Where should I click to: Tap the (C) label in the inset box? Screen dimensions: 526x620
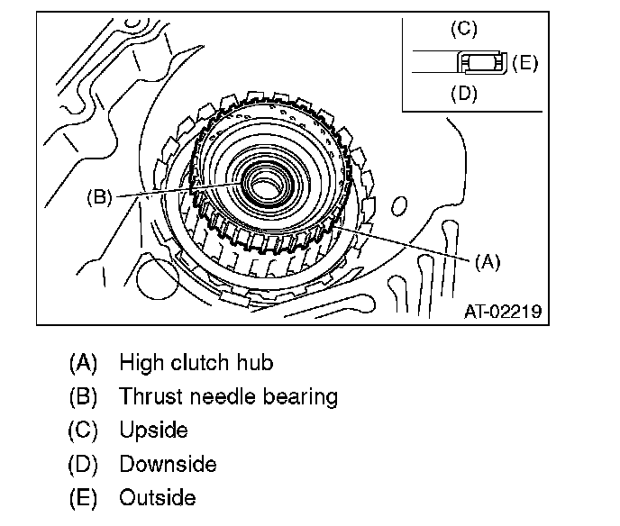pos(462,29)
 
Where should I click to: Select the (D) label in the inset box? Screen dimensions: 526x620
pos(462,94)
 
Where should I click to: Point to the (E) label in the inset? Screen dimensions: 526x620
pos(524,63)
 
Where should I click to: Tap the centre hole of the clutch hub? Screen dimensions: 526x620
pos(264,190)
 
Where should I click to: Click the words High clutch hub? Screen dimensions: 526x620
pos(196,363)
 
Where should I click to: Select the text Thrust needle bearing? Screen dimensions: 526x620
pos(228,396)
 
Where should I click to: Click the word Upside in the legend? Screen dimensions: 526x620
pos(153,430)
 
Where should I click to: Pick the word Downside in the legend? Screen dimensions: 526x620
pos(168,464)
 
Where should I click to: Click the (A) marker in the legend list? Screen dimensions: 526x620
pos(82,363)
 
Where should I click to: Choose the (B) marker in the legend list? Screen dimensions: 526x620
pos(82,396)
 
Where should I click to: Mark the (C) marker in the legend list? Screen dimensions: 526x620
pos(82,430)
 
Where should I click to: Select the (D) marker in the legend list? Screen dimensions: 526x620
pos(82,464)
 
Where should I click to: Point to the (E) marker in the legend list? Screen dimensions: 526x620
pos(82,497)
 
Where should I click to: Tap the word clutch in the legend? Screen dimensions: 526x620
pos(198,363)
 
